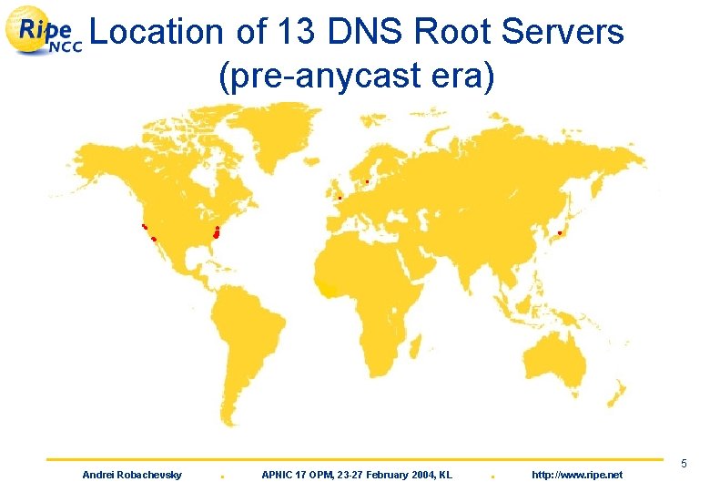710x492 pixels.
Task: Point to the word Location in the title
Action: point(157,33)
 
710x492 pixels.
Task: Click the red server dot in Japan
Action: point(560,233)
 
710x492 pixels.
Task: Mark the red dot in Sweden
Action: point(366,181)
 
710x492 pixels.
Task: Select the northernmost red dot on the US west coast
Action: point(144,225)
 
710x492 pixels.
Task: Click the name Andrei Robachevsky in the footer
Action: point(132,475)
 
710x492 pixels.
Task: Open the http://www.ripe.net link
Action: point(576,475)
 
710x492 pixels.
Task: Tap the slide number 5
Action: point(683,466)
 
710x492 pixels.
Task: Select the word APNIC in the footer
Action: point(278,475)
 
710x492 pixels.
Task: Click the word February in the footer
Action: point(373,475)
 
